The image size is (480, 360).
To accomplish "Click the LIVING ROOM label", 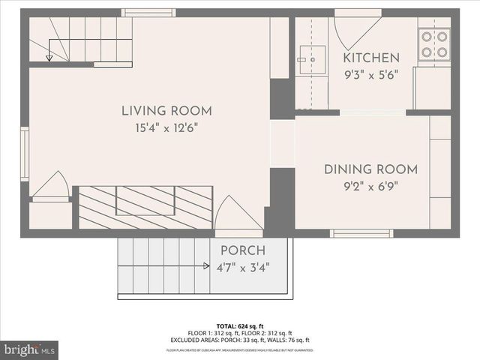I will coord(166,112).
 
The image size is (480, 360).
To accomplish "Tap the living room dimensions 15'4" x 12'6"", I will coord(166,130).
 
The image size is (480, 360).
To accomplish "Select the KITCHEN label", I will coord(370,58).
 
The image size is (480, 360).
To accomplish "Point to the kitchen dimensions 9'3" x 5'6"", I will coord(370,74).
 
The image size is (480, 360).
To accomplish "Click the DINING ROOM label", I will coord(370,169).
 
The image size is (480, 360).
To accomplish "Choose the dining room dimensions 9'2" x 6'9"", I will coord(370,187).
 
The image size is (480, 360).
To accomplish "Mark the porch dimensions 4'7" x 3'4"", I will coord(244,266).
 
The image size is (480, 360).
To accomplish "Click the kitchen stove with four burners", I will coord(434,44).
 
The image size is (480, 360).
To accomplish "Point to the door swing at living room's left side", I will coord(51,186).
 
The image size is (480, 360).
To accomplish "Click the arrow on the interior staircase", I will coord(49,57).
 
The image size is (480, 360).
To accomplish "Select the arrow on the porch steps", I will coord(205,265).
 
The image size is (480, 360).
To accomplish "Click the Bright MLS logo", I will coord(30,349).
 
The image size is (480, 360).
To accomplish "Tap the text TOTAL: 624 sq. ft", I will coord(239,326).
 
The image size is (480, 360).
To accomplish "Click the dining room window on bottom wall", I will coord(361,233).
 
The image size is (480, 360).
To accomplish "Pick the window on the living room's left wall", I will coord(25,154).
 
